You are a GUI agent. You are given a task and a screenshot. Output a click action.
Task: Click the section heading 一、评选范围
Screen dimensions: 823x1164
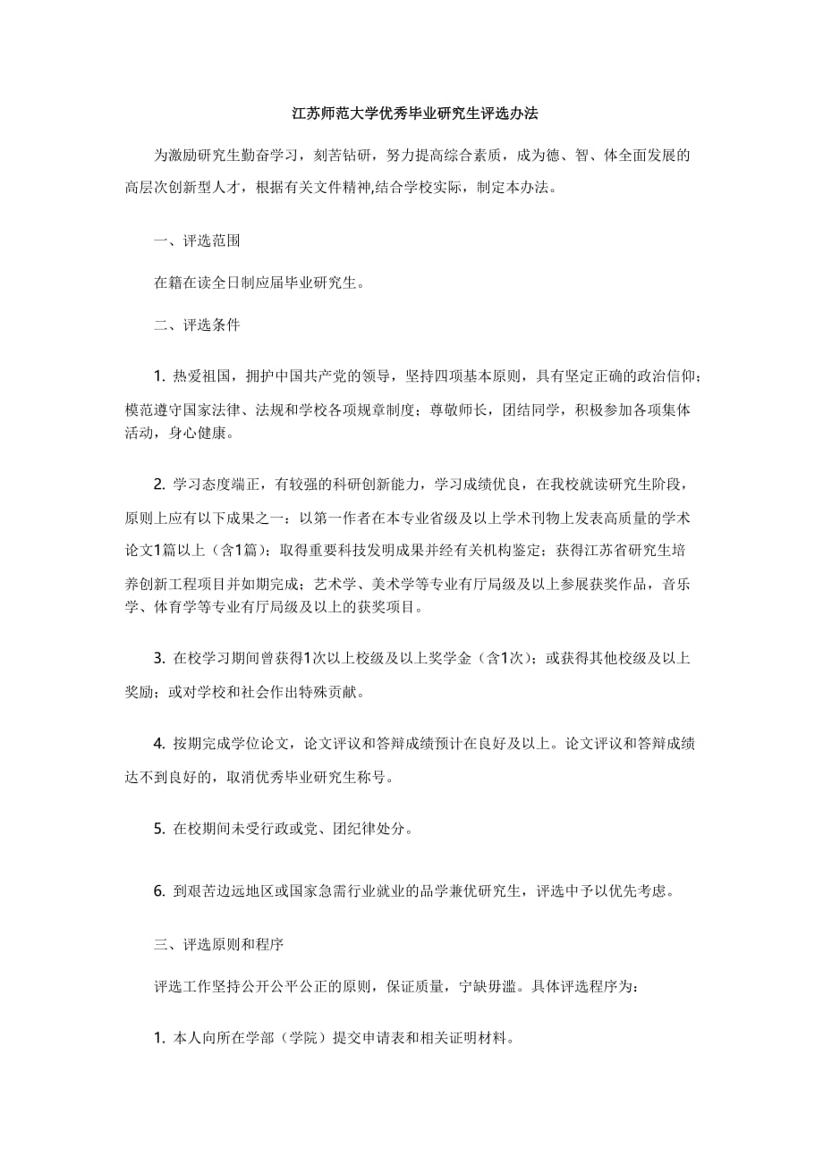(x=197, y=241)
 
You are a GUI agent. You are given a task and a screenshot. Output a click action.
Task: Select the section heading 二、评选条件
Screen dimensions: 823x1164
(x=197, y=325)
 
